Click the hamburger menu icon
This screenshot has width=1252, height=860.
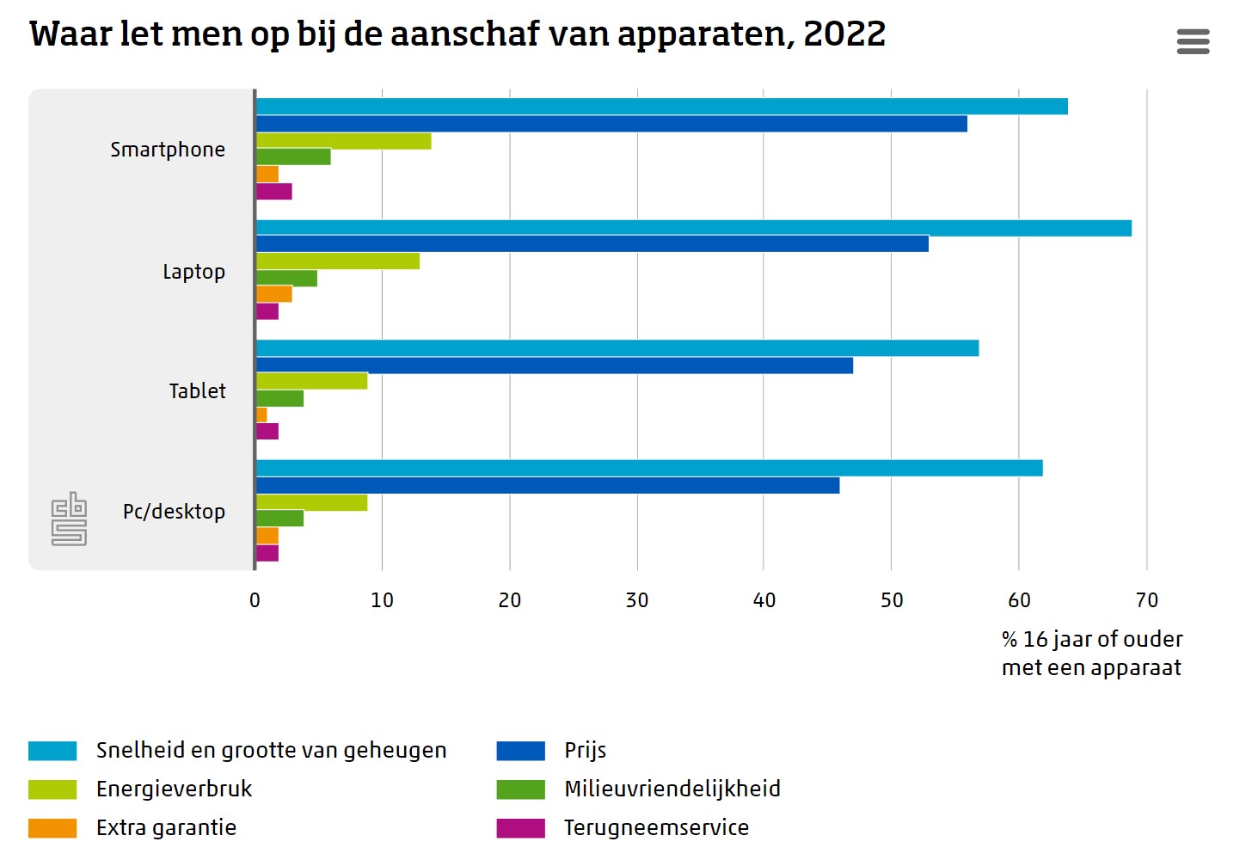(1193, 41)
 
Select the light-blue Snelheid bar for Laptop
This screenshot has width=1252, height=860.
(693, 228)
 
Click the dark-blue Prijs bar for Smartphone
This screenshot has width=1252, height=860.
(611, 124)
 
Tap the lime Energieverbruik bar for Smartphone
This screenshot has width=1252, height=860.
(344, 141)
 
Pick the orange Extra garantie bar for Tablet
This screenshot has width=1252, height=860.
(261, 415)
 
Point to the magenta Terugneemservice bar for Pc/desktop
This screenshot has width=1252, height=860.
(267, 553)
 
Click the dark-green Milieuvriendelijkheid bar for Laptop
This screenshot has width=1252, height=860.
(286, 278)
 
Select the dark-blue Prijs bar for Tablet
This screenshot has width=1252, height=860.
(555, 365)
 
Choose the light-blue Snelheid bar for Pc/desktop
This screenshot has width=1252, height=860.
(649, 468)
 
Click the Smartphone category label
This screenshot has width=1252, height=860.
(168, 150)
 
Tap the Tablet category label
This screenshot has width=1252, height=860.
(197, 391)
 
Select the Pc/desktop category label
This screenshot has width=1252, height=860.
(174, 512)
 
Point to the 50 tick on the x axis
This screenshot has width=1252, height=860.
(892, 600)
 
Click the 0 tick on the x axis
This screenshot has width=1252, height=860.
(255, 600)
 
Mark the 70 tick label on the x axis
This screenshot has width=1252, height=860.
(1146, 600)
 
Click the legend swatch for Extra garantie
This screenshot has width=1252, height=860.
(52, 827)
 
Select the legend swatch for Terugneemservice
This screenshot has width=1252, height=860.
(520, 827)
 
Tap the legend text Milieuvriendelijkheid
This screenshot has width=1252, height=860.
(672, 789)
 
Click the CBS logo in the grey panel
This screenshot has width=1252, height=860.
(69, 519)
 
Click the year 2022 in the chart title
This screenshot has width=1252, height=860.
(844, 34)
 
